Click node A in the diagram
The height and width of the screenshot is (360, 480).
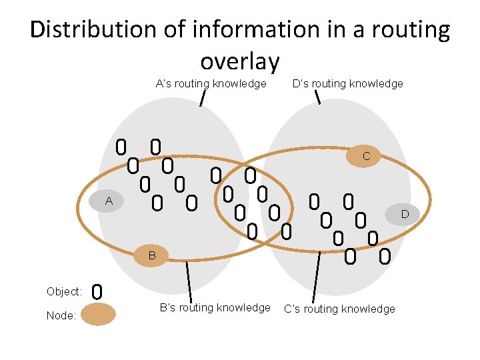108,201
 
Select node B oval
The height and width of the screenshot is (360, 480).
152,255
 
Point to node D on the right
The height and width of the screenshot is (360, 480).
403,214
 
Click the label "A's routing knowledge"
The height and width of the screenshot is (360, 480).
211,84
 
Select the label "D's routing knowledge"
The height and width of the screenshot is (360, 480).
347,84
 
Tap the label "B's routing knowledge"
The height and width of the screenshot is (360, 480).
215,308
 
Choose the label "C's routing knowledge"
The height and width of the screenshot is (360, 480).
339,309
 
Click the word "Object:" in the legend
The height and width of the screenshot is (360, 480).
64,292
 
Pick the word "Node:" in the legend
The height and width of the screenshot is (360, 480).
61,315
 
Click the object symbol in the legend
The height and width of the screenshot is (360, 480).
97,291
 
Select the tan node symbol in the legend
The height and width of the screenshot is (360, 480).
98,314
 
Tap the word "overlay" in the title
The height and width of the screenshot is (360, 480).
239,61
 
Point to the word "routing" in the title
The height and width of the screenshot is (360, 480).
411,30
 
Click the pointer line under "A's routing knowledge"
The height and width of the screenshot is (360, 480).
202,98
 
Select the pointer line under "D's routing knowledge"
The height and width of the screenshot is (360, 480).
317,97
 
